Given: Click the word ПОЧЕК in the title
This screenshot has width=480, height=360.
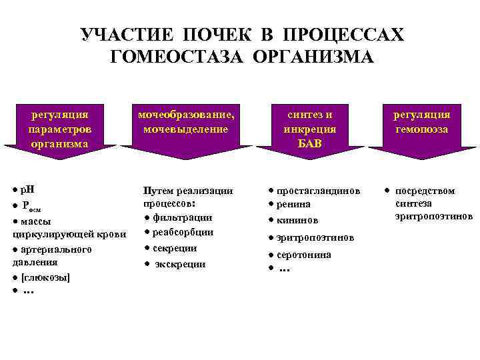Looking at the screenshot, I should click(235, 35).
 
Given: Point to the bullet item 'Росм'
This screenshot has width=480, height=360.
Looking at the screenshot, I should click(31, 206).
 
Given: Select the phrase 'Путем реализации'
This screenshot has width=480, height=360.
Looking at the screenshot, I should click(188, 191).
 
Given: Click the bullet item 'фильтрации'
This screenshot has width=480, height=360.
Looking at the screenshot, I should click(182, 217).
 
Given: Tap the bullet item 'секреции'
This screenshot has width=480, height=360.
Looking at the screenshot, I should click(175, 248).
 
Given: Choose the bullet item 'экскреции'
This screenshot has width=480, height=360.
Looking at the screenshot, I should click(179, 264).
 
